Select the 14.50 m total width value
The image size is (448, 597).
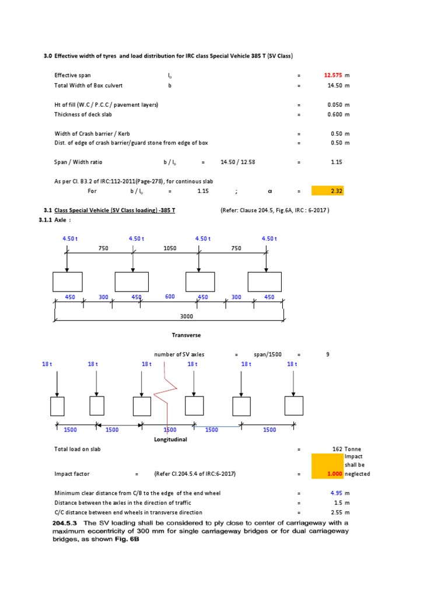coord(334,86)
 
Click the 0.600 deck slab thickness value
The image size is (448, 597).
coord(334,115)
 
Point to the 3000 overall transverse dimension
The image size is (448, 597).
coord(187,316)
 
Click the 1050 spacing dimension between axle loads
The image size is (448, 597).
coord(170,248)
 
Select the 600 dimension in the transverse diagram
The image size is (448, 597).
coord(170,297)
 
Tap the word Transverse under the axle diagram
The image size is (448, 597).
coord(186,335)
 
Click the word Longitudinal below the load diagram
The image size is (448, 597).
coord(170,439)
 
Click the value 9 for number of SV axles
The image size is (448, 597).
coord(328,354)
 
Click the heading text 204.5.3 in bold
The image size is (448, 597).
coord(69,522)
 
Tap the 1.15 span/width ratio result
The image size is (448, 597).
coord(336,161)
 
